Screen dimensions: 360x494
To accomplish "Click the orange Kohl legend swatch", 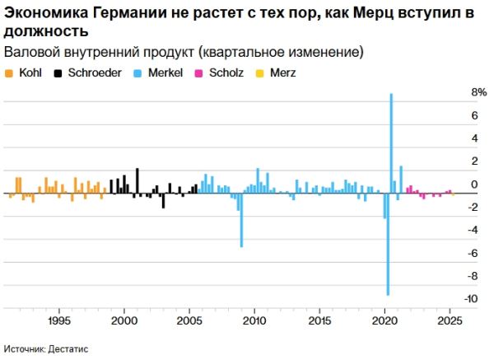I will (8, 72).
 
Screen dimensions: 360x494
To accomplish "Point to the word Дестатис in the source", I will (70, 349).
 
